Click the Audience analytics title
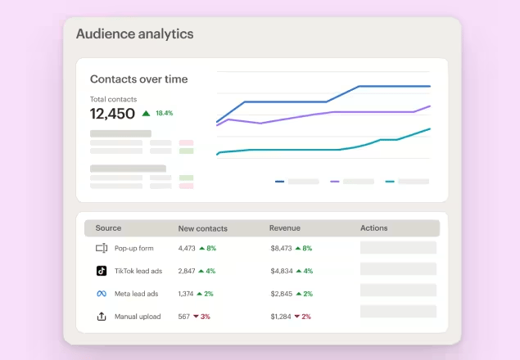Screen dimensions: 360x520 point(134,34)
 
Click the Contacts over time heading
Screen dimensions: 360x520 point(138,79)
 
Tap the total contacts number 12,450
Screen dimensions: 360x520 point(112,114)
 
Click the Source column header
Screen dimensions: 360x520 point(108,228)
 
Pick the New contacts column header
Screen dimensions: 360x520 point(202,228)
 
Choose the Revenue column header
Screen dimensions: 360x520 point(286,228)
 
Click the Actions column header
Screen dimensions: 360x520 point(373,228)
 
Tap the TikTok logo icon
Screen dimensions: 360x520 point(102,270)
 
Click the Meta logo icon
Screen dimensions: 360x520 point(102,293)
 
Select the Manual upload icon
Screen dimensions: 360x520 point(102,316)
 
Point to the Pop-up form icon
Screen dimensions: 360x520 point(102,248)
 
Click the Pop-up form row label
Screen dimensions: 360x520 point(133,248)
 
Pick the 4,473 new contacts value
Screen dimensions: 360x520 point(187,248)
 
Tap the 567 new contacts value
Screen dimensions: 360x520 point(183,317)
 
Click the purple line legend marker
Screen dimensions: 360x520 point(334,182)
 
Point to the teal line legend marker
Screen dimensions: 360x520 point(389,182)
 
